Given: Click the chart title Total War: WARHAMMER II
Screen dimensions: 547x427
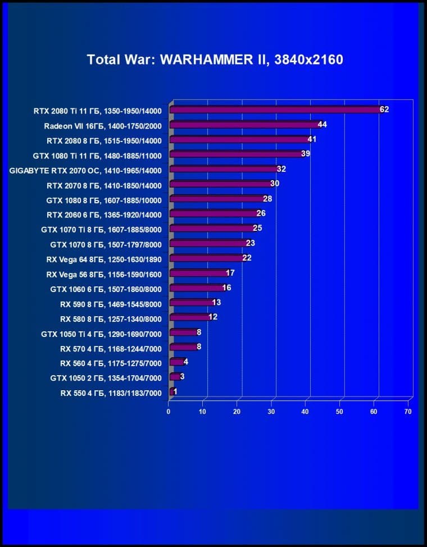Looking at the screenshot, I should coord(214,60).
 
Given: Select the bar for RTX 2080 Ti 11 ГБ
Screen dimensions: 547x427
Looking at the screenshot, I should coord(275,110).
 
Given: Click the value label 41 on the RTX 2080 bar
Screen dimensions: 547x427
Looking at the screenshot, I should coord(312,139).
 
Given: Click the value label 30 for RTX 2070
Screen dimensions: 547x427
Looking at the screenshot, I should coord(275,184).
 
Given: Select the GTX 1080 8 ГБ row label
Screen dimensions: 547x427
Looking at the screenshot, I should coord(104,199).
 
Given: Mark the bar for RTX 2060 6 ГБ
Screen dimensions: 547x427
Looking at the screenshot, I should coord(213,214).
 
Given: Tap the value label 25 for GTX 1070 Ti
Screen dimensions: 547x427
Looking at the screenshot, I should coord(257,228).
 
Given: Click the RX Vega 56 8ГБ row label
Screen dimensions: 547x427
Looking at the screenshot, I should coord(103,275).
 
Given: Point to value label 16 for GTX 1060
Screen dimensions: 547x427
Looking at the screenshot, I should coord(226,288).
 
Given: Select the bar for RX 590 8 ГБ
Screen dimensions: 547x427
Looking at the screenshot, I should coord(190,303).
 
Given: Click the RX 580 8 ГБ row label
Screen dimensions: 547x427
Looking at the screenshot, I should coord(111,319).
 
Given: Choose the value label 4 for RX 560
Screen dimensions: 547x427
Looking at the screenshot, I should coord(185,362).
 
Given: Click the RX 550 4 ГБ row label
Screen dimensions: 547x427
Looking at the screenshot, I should coord(111,393).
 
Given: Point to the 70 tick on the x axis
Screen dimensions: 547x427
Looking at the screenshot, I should coord(408,412).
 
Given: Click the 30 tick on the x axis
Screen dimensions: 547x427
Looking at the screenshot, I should coord(271,412).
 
